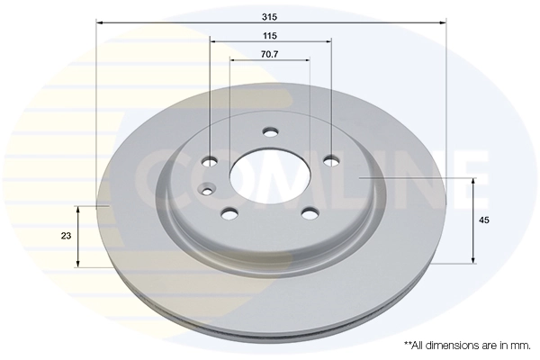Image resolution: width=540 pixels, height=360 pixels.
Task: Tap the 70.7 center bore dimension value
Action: click(270, 54)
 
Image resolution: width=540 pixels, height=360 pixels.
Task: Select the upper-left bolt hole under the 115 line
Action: click(210, 161)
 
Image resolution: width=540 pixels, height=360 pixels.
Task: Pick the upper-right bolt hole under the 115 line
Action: click(330, 161)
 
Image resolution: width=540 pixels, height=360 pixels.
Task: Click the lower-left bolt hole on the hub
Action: click(229, 213)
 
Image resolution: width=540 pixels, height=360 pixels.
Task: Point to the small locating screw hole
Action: click(207, 189)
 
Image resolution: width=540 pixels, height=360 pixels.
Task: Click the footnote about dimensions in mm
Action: click(465, 345)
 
